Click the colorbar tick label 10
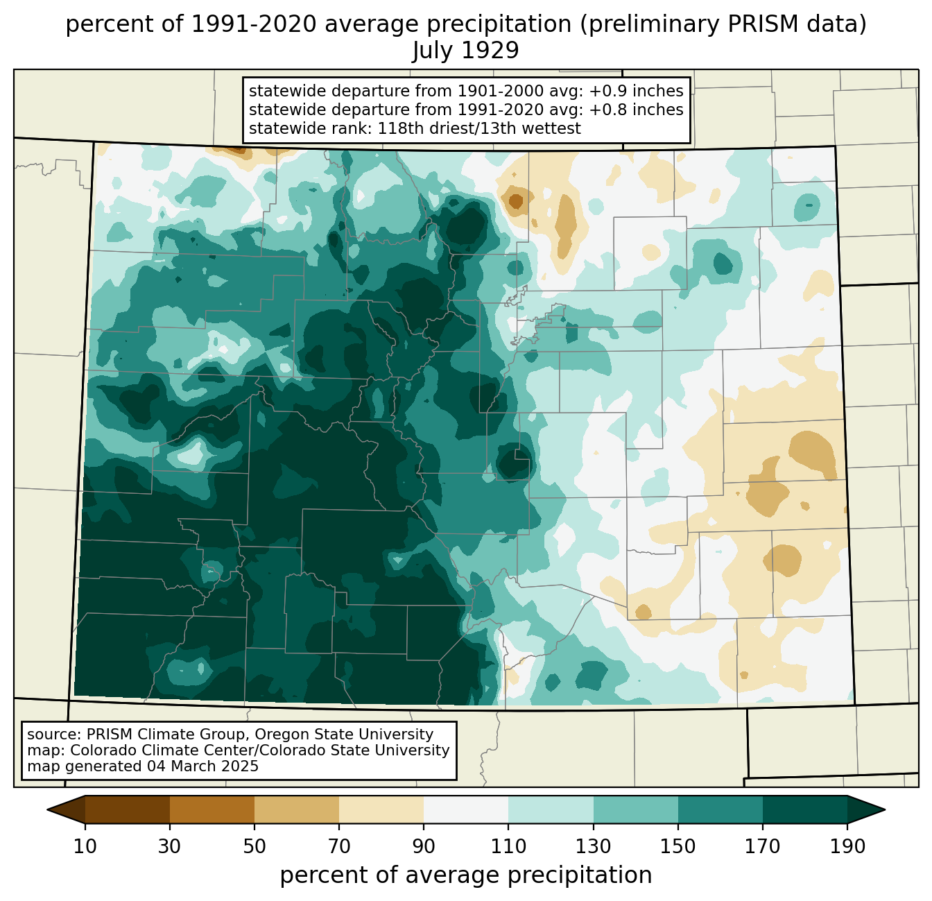click(x=85, y=846)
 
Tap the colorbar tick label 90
click(x=424, y=846)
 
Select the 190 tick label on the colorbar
click(x=847, y=846)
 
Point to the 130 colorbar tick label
click(x=593, y=846)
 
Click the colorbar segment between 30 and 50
click(x=212, y=809)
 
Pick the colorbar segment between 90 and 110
click(x=466, y=809)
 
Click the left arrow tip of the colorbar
click(x=47, y=809)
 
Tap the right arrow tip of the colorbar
click(x=885, y=809)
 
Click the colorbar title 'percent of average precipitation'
click(x=465, y=875)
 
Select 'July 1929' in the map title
click(x=465, y=50)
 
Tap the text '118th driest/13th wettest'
click(x=479, y=128)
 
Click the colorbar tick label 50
click(x=254, y=846)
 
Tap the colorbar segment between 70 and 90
click(x=381, y=809)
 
